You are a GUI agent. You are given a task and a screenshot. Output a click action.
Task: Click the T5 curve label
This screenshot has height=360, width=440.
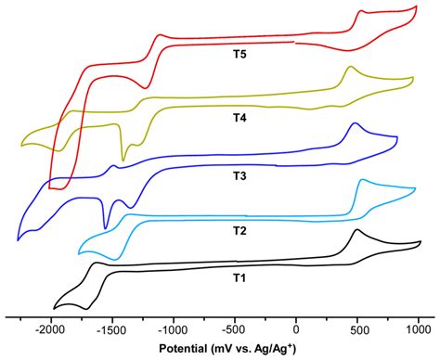click(239, 54)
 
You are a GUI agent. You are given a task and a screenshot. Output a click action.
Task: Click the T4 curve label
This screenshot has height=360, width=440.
click(239, 118)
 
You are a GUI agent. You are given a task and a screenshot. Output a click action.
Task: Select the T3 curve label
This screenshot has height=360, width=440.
click(239, 174)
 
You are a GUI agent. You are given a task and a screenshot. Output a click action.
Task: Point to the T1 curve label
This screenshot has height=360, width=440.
click(239, 276)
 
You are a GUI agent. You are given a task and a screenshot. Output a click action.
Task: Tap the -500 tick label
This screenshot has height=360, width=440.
click(235, 328)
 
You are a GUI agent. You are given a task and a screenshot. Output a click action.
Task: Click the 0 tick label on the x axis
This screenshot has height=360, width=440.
click(296, 328)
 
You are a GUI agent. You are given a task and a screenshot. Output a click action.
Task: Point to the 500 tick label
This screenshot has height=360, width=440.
click(357, 328)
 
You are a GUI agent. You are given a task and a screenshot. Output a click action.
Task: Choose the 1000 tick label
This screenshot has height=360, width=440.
click(419, 328)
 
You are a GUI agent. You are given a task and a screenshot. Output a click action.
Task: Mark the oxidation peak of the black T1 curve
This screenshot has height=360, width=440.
click(356, 230)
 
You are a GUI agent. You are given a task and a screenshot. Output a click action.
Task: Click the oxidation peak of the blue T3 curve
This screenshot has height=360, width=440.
click(354, 123)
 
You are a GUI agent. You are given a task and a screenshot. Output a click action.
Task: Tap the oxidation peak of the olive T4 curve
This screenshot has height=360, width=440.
click(350, 67)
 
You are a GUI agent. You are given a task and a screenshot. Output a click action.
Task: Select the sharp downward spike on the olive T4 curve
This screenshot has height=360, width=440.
click(123, 161)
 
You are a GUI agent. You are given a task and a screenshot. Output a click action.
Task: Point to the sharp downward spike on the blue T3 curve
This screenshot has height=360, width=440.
click(106, 227)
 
